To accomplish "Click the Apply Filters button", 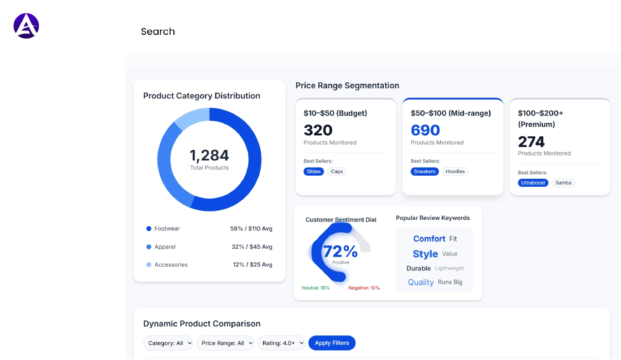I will [x=332, y=343].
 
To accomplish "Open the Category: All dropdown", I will [x=168, y=343].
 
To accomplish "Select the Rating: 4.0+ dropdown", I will [x=281, y=343].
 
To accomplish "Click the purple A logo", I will [x=26, y=26].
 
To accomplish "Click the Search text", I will [x=158, y=31].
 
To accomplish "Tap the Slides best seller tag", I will [x=314, y=172].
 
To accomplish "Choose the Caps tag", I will [x=337, y=172].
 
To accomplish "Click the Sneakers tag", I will [x=424, y=172].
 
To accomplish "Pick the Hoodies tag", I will [x=455, y=172].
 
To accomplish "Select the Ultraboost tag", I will [x=533, y=183].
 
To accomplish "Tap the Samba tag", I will [x=563, y=183].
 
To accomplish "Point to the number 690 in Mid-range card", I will [x=425, y=130].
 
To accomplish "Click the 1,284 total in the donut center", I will [x=209, y=155].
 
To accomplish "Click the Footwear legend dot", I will [x=149, y=229].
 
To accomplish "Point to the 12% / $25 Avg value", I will [x=253, y=264].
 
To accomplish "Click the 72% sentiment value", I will [x=340, y=251].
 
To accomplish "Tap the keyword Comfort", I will [x=429, y=239].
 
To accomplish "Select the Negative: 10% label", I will [x=364, y=288].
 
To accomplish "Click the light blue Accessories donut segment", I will [x=191, y=118].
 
